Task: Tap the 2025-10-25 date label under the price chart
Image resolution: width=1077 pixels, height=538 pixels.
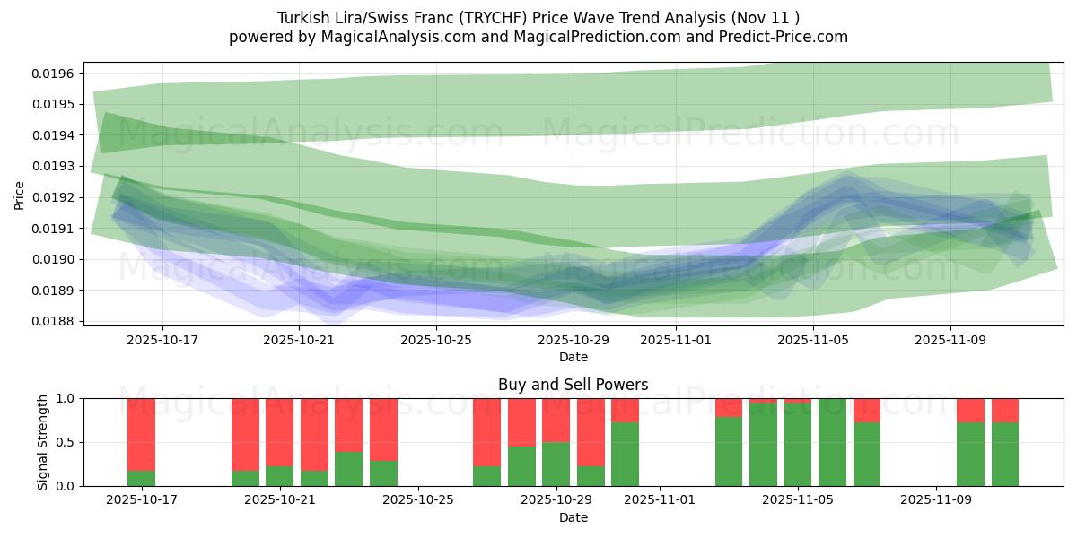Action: coord(435,340)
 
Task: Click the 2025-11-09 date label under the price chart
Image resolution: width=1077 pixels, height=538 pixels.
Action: coord(950,340)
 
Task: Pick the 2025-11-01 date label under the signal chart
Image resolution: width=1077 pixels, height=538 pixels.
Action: coord(660,500)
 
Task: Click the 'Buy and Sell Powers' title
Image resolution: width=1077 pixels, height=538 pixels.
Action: coord(573,385)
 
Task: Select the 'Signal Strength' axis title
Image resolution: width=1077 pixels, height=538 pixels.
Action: coord(42,442)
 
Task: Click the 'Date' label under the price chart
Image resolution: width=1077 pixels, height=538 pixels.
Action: coord(573,357)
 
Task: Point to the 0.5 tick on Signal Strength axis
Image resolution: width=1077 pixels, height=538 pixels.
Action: coord(66,442)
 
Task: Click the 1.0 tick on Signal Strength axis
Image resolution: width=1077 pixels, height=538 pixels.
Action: coord(66,398)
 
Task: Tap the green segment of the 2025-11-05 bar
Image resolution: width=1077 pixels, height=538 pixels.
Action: coord(798,444)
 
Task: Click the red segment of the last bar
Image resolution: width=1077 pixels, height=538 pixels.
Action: coord(1005,410)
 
